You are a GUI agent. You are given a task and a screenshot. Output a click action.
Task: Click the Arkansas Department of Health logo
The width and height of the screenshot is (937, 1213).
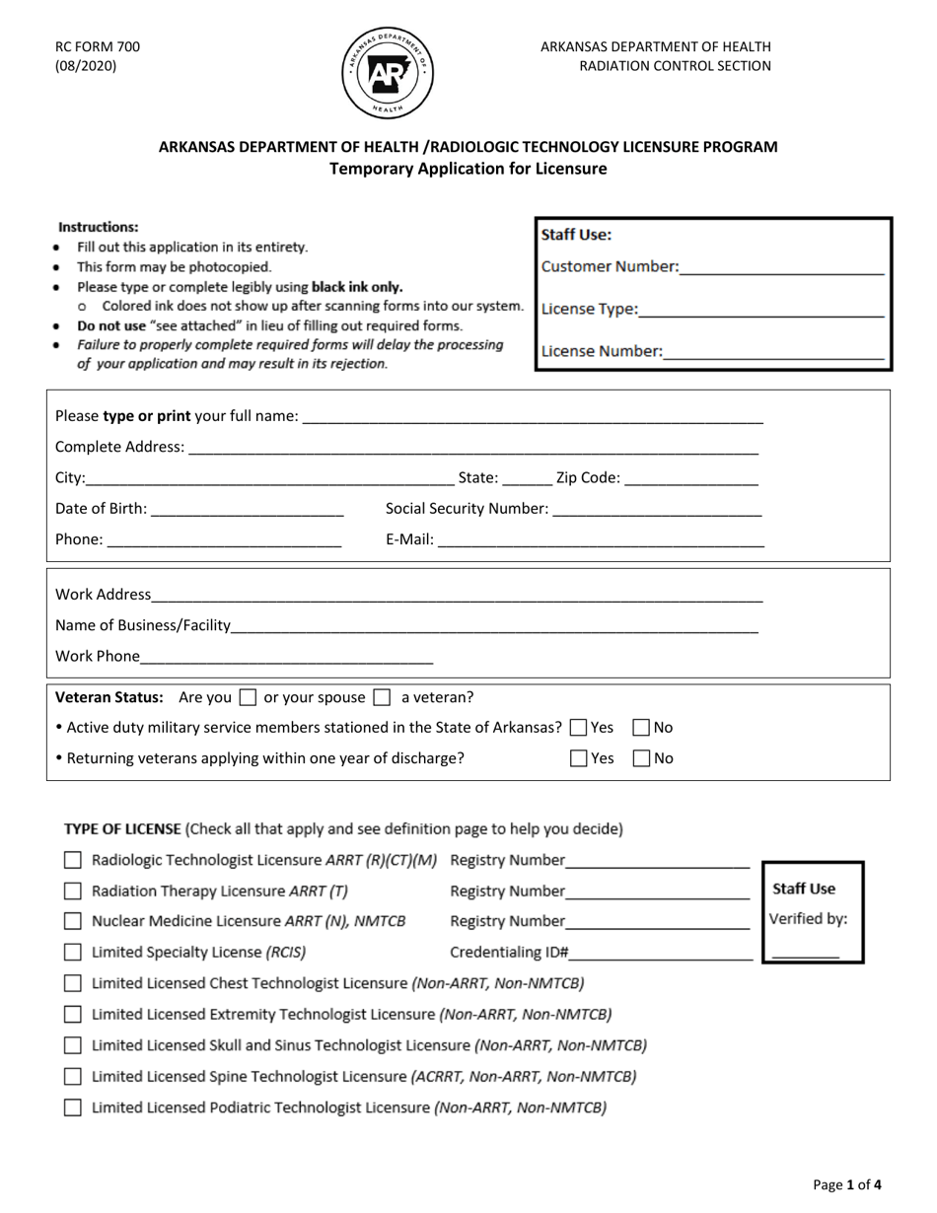tap(389, 74)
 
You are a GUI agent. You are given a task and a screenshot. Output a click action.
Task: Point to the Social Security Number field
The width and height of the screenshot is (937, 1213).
tap(657, 509)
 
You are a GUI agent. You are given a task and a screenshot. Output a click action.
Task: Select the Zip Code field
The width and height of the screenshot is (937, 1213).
tap(691, 478)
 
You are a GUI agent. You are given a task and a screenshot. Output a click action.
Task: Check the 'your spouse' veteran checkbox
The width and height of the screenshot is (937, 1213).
tap(382, 697)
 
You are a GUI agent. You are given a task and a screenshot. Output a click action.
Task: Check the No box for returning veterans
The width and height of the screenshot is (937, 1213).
tap(641, 758)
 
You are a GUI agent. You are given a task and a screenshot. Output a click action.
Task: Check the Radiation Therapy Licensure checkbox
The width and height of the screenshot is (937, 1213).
tap(73, 892)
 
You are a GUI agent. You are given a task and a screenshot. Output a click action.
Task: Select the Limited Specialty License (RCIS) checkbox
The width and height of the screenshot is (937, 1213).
tap(73, 953)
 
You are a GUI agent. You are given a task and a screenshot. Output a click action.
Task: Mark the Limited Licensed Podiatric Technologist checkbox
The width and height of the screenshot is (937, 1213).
tap(73, 1106)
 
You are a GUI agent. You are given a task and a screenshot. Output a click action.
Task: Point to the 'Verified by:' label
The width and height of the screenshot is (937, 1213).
tap(808, 919)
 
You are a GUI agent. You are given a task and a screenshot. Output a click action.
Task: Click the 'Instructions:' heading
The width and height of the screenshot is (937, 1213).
tap(99, 227)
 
